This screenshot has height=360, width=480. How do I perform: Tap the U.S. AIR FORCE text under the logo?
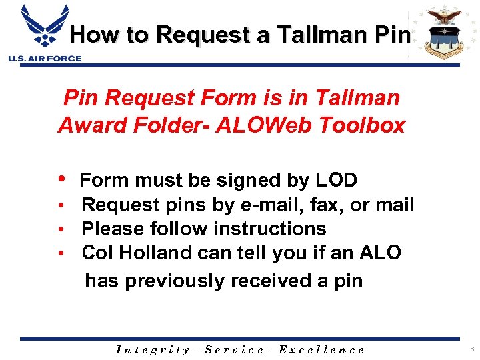click(x=45, y=59)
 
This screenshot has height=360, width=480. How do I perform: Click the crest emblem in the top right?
click(x=443, y=32)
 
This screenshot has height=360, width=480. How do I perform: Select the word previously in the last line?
click(x=176, y=281)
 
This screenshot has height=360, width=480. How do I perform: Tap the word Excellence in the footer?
click(x=321, y=349)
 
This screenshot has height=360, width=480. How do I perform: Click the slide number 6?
click(x=471, y=349)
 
